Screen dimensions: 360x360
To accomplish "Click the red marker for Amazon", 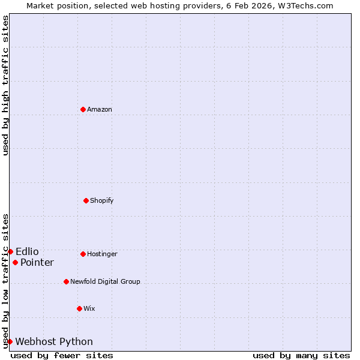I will pyautogui.click(x=83, y=109).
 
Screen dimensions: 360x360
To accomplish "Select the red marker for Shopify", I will pyautogui.click(x=86, y=200).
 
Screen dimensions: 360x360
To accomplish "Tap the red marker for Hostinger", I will pyautogui.click(x=83, y=254).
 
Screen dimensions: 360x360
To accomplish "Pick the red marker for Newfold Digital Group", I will pyautogui.click(x=66, y=281).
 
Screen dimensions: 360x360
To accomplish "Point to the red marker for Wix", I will pyautogui.click(x=79, y=308).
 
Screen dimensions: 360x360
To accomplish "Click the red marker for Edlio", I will pyautogui.click(x=10, y=251).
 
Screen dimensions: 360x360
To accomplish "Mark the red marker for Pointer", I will pyautogui.click(x=15, y=262).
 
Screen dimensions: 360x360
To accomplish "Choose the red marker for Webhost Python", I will pyautogui.click(x=10, y=341).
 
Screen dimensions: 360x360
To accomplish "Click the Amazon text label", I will pyautogui.click(x=100, y=109).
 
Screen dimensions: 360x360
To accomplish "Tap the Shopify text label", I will pyautogui.click(x=102, y=200).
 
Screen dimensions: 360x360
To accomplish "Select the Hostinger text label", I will pyautogui.click(x=102, y=254).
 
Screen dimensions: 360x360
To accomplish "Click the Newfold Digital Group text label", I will pyautogui.click(x=105, y=281).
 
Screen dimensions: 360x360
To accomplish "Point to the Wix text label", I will pyautogui.click(x=89, y=308).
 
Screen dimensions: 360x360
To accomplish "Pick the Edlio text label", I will pyautogui.click(x=27, y=251).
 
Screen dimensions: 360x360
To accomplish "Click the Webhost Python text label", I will pyautogui.click(x=54, y=341).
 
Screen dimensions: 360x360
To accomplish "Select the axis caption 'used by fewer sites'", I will pyautogui.click(x=62, y=355).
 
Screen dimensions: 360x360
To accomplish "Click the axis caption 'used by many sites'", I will pyautogui.click(x=301, y=355).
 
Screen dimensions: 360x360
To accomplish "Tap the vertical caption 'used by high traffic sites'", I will pyautogui.click(x=5, y=85).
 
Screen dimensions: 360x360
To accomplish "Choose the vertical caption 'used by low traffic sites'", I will pyautogui.click(x=5, y=281).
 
